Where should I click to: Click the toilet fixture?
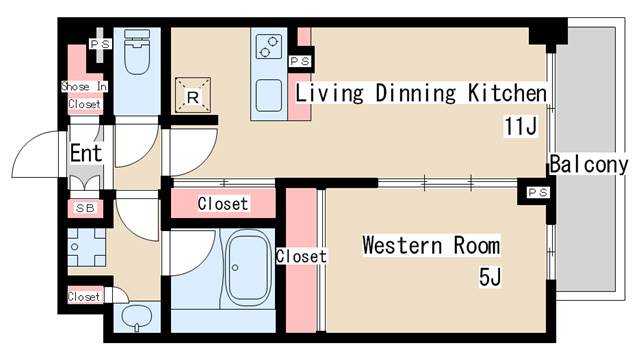point(137,51)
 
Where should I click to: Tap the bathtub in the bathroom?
point(248,268)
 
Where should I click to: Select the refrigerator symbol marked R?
point(193,95)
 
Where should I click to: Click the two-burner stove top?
point(269,47)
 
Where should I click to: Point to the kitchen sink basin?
point(269,95)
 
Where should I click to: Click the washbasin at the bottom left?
point(136,317)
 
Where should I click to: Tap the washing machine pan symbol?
point(86,247)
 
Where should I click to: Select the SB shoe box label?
point(85,208)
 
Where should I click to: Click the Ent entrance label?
point(86,153)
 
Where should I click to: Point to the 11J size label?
point(520,126)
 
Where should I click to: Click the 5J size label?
point(490,278)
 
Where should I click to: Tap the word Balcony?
point(588,164)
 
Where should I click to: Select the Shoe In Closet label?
point(84,96)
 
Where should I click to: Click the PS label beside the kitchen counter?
point(300,62)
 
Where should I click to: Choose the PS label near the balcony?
point(538,192)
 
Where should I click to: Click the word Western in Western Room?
point(402,245)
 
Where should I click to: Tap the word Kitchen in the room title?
point(507,93)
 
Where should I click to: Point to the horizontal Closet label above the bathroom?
point(223,203)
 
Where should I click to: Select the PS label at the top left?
point(100,44)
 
